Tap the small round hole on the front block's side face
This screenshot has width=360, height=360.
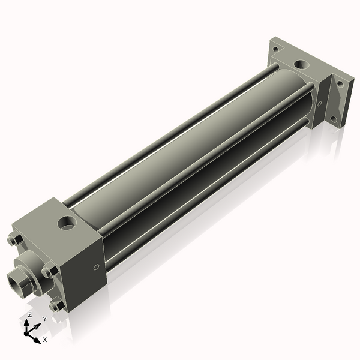point(95,268)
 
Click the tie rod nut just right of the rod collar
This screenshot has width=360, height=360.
point(47,272)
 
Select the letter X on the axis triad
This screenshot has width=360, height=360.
point(44,340)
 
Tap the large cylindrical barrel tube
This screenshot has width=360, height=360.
point(180,156)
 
